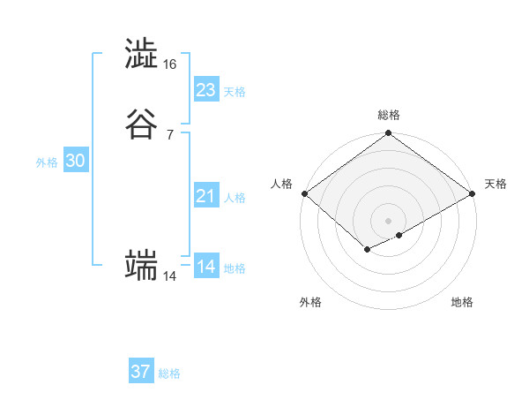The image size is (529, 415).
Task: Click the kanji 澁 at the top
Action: coord(141,55)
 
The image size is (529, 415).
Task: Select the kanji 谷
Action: coord(141,124)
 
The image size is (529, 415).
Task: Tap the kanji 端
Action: coord(141,265)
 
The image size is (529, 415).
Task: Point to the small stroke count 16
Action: coord(169,64)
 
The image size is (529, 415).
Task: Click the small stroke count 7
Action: coord(169,134)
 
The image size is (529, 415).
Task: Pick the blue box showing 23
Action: coord(206,90)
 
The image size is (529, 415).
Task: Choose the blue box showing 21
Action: coord(206,196)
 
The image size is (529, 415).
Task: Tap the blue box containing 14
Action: coord(206,267)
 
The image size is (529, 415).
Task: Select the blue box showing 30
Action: coord(76,161)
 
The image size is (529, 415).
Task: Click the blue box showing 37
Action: coord(141,372)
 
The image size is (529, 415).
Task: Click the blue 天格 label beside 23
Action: coord(235,92)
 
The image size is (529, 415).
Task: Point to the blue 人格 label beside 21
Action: coord(235,198)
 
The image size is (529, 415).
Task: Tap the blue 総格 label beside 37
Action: coord(169,373)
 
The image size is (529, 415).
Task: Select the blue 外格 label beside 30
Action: coord(47,162)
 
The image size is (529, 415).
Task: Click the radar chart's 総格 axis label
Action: coord(389,115)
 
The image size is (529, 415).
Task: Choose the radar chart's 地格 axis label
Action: coord(462,302)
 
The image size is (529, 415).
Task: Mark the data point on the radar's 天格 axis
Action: coord(473,194)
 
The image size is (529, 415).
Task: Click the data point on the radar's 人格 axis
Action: coord(304,194)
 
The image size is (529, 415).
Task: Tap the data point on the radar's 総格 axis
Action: coord(389,134)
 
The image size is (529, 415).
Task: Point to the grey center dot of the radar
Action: coord(389,220)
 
